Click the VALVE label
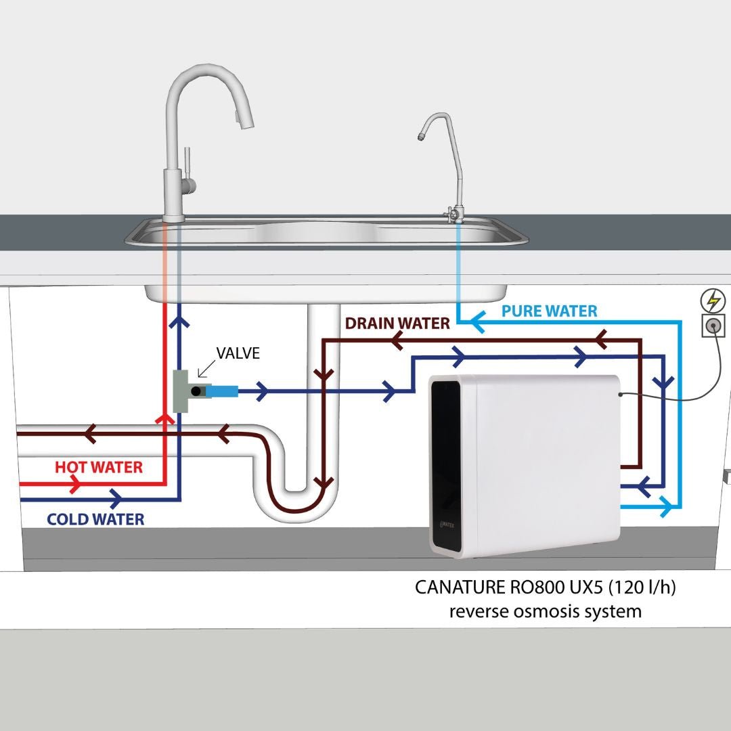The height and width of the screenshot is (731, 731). point(238,353)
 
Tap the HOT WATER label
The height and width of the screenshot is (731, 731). point(99,467)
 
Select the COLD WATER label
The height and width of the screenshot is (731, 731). point(95,519)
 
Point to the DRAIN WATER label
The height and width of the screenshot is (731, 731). point(397,323)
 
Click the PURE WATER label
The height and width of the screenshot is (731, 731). point(549,311)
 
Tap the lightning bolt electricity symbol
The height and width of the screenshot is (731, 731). point(713,301)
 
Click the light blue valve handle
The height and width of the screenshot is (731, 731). point(222,392)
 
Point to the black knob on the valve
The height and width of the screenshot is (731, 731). point(196,392)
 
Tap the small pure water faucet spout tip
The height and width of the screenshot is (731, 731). point(422,137)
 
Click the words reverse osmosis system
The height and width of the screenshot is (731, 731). point(546,611)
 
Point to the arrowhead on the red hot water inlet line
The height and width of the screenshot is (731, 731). point(74,485)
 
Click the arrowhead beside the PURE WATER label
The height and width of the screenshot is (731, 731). point(477,322)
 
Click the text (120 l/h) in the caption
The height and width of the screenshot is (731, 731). point(642,587)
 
